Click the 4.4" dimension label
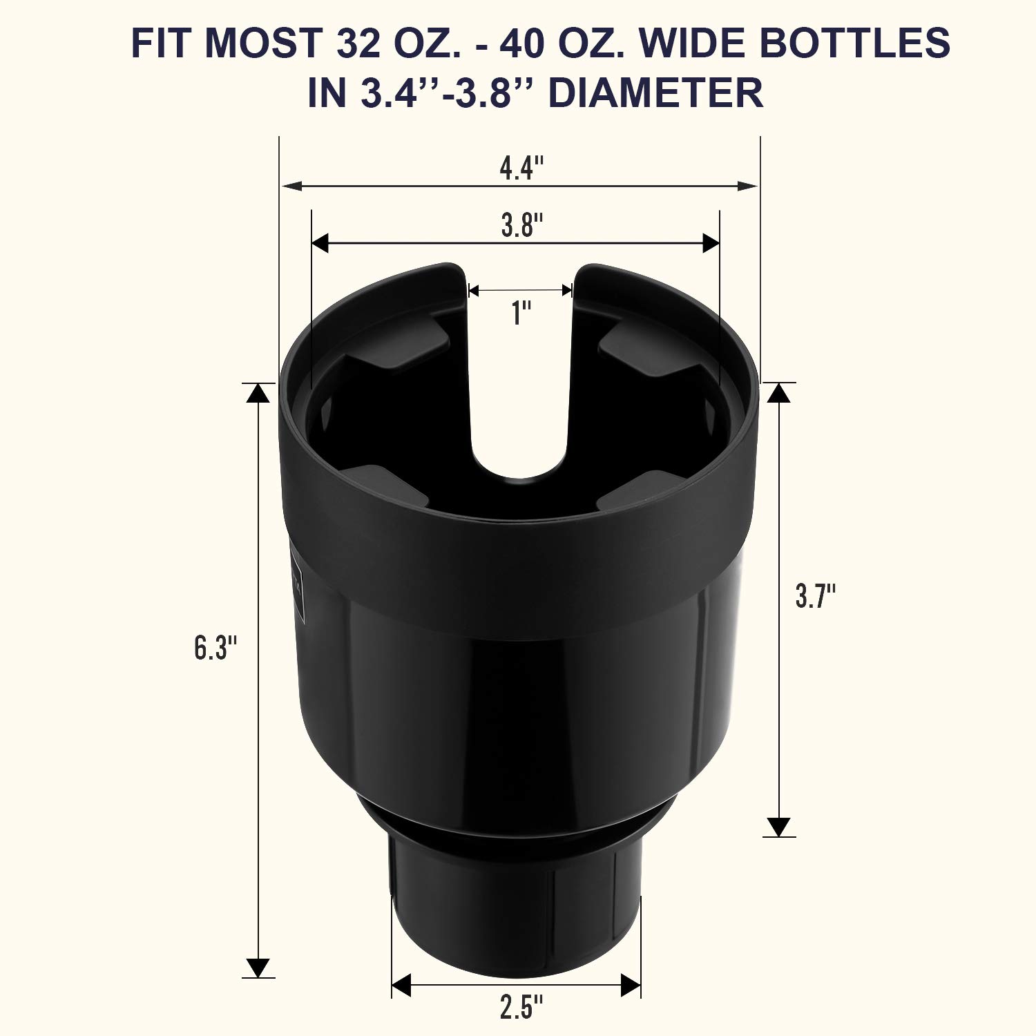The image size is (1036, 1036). tap(521, 168)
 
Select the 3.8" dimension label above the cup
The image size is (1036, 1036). tap(521, 225)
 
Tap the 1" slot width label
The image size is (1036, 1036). tap(520, 314)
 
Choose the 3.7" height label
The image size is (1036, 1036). tap(816, 595)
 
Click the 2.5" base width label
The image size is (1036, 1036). tap(519, 1009)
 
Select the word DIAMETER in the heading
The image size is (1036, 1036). tap(655, 93)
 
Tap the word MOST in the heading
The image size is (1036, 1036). tap(263, 43)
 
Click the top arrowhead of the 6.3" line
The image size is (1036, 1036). tap(258, 393)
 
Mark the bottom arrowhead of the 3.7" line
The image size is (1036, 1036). tap(778, 827)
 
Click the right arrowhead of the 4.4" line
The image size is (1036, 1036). tap(747, 186)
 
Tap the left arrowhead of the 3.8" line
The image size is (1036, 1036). tap(320, 242)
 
